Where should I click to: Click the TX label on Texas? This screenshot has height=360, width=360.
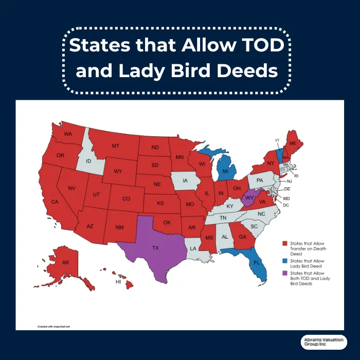[x=155, y=248]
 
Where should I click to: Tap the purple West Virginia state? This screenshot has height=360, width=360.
[x=250, y=197]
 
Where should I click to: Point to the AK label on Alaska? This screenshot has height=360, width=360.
[x=65, y=262]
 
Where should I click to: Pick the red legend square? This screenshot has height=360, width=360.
[x=284, y=242]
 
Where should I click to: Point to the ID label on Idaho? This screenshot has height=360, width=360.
[x=88, y=161]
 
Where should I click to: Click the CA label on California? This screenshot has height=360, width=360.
[x=54, y=202]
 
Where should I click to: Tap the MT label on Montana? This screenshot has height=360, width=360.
[x=115, y=146]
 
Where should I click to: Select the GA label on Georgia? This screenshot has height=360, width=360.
[x=241, y=238]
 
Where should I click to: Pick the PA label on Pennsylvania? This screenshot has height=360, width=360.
[x=260, y=181]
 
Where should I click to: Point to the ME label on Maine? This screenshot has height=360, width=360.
[x=293, y=143]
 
